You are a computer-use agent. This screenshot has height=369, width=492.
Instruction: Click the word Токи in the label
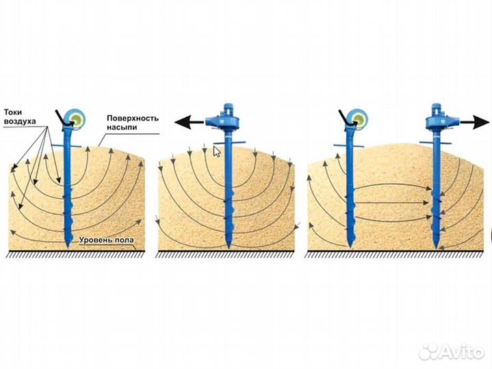13,113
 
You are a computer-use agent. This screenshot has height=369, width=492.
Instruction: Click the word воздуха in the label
20,121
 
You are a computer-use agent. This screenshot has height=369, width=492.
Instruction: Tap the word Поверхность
133,118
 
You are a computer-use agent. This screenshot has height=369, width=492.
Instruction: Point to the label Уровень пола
106,240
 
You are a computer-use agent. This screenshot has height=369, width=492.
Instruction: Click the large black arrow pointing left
189,122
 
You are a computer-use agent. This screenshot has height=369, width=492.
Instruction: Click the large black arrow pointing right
474,122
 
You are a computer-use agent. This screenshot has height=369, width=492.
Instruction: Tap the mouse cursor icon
217,152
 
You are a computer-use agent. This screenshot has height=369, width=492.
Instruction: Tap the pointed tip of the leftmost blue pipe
68,247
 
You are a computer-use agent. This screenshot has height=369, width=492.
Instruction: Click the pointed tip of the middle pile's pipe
228,247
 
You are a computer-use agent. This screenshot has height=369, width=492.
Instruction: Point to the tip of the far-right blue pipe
437,247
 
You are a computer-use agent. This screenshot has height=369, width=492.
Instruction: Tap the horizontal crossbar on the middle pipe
229,143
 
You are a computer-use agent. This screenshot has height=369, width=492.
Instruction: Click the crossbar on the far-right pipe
435,143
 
